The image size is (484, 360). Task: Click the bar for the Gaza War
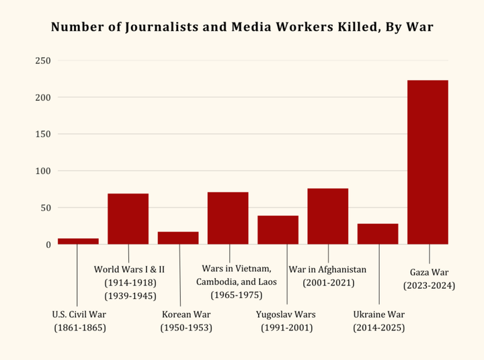pos(428,162)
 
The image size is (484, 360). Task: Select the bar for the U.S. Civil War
pos(78,241)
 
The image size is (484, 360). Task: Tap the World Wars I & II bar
pos(128,218)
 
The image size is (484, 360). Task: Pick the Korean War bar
pos(178,238)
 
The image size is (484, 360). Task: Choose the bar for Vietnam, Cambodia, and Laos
pos(228,218)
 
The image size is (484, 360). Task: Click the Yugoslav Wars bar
pos(278,230)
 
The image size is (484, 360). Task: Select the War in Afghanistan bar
pos(328,216)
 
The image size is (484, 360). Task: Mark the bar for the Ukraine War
pos(378,234)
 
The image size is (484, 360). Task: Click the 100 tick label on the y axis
pos(43,171)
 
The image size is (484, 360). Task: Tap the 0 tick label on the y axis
pos(48,244)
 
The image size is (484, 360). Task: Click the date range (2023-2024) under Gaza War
pos(429,285)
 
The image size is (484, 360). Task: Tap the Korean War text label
pos(186,314)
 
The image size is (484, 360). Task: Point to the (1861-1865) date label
pos(80,328)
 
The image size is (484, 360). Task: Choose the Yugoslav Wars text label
pos(286,314)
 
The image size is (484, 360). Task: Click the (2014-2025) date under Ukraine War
pos(378,328)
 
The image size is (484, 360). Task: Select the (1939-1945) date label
pos(130,296)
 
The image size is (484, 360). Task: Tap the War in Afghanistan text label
pos(328,269)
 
